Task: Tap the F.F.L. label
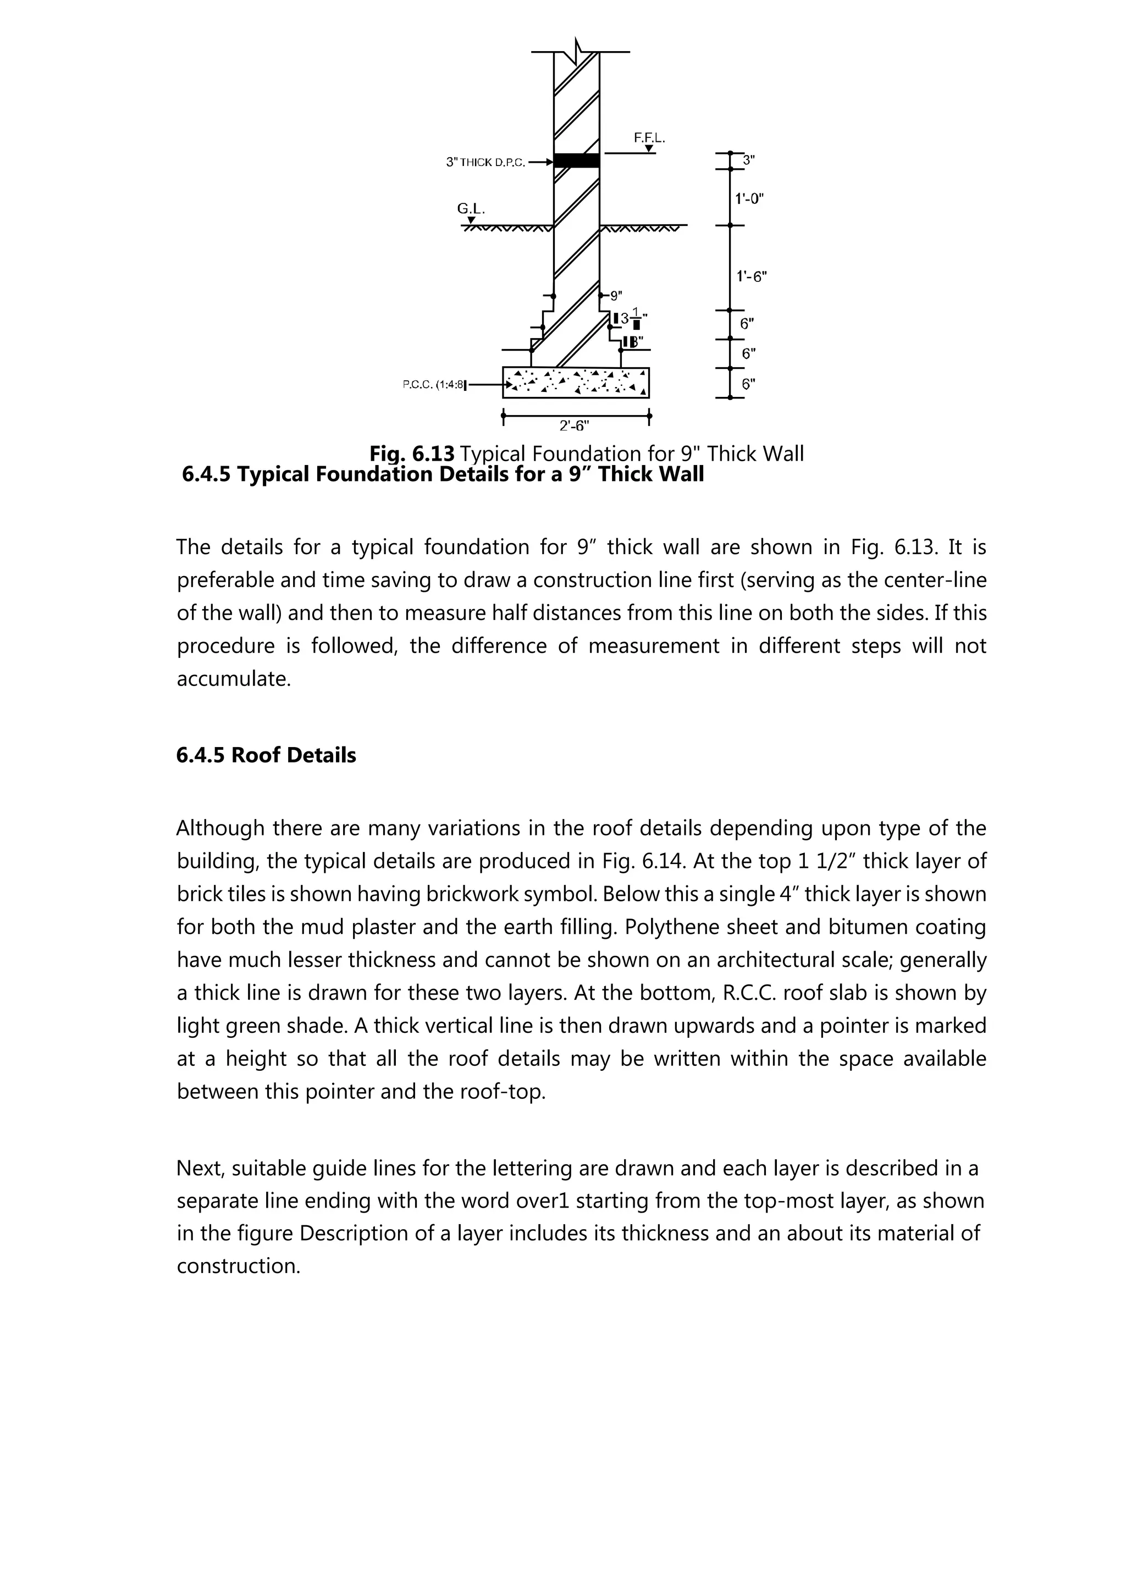(x=649, y=138)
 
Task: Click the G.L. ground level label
(x=471, y=208)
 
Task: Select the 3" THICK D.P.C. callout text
(x=485, y=162)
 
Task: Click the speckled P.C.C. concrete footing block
(x=576, y=382)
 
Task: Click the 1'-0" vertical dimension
(x=749, y=198)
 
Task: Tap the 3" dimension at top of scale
(x=748, y=161)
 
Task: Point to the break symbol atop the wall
(x=578, y=51)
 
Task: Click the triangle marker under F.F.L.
(x=649, y=148)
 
